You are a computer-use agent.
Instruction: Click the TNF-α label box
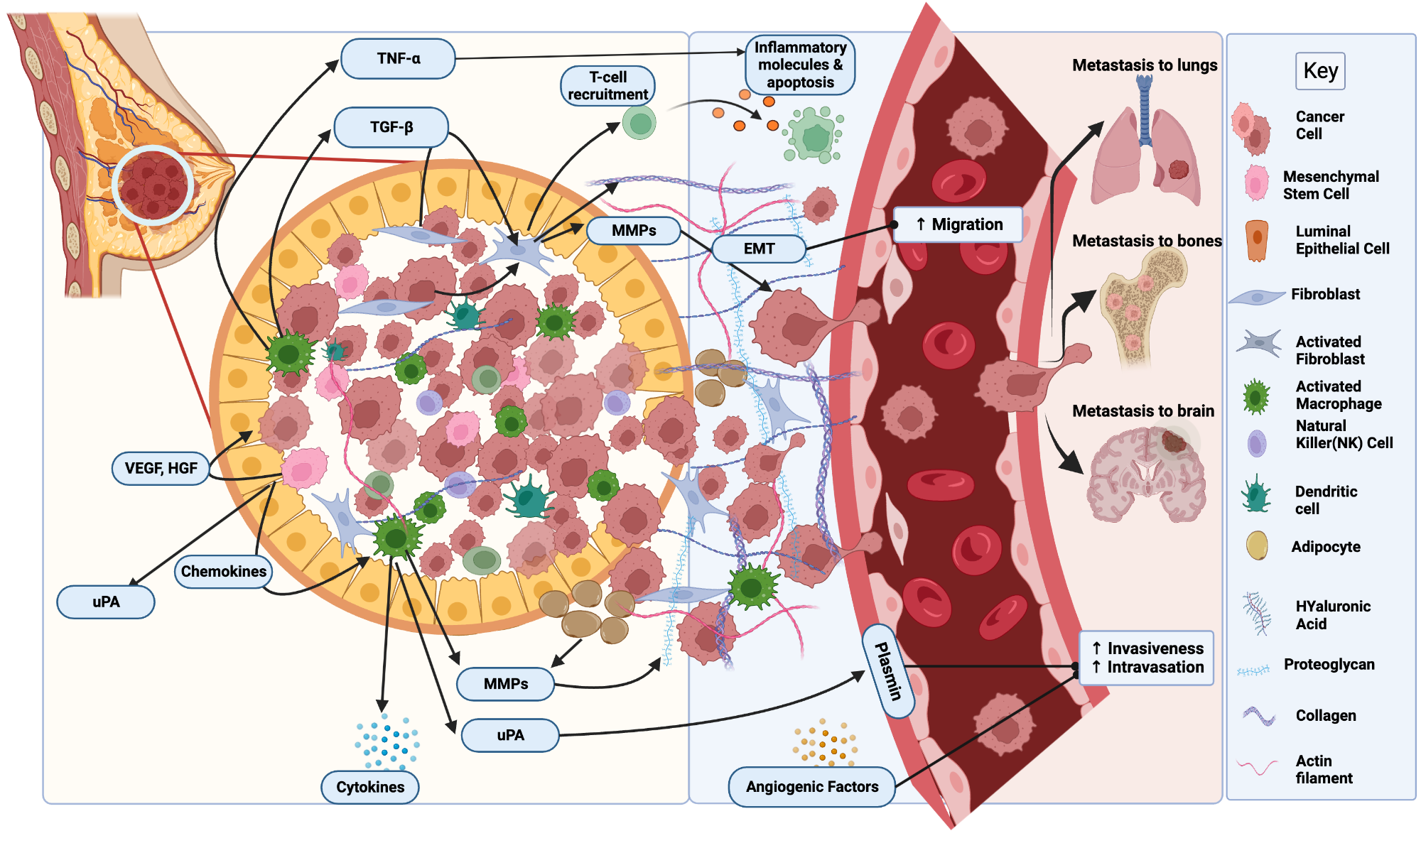pyautogui.click(x=398, y=58)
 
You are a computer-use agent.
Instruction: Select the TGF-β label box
pyautogui.click(x=391, y=127)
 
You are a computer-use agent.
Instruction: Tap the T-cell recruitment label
pyautogui.click(x=607, y=86)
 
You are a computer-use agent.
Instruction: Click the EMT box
pyautogui.click(x=758, y=249)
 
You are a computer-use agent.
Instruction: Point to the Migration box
pyautogui.click(x=958, y=224)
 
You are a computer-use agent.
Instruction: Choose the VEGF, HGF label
pyautogui.click(x=161, y=468)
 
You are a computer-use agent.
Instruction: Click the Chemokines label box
pyautogui.click(x=223, y=572)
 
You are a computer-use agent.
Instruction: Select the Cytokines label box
pyautogui.click(x=369, y=787)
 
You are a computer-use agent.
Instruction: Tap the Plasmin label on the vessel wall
pyautogui.click(x=888, y=671)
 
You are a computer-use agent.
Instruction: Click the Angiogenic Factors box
pyautogui.click(x=811, y=787)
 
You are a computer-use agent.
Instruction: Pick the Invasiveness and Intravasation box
pyautogui.click(x=1146, y=658)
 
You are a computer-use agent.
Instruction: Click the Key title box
pyautogui.click(x=1320, y=71)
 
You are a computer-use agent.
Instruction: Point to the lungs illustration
pyautogui.click(x=1145, y=149)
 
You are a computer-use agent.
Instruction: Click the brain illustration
pyautogui.click(x=1145, y=472)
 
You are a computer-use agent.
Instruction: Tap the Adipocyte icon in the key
pyautogui.click(x=1256, y=546)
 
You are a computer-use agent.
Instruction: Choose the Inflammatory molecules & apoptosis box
pyautogui.click(x=800, y=65)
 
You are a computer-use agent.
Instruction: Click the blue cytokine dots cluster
pyautogui.click(x=387, y=742)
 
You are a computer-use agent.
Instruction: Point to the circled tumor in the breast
pyautogui.click(x=153, y=186)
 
